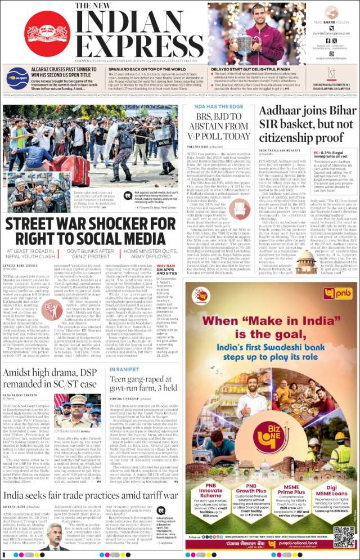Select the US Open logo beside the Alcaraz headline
15,78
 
